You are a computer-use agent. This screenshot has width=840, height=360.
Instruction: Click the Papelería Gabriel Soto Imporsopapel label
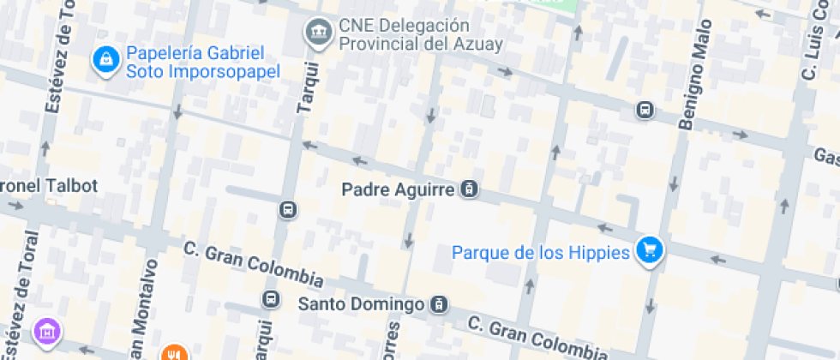203,63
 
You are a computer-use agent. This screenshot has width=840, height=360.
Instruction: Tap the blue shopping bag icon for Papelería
105,60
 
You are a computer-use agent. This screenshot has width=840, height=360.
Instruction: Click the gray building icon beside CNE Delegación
319,33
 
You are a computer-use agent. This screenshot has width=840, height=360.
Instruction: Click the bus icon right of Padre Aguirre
469,189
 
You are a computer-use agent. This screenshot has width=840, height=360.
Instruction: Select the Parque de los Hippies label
541,252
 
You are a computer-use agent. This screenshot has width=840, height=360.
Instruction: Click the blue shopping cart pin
651,250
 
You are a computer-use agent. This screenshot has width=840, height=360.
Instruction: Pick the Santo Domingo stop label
361,304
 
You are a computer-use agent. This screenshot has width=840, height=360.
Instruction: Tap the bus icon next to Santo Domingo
439,304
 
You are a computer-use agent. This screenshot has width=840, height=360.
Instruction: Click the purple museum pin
47,331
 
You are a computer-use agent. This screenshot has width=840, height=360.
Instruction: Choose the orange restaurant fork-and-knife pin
173,353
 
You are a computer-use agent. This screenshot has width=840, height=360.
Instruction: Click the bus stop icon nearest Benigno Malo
644,110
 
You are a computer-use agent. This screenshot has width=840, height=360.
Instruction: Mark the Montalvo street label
144,309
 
